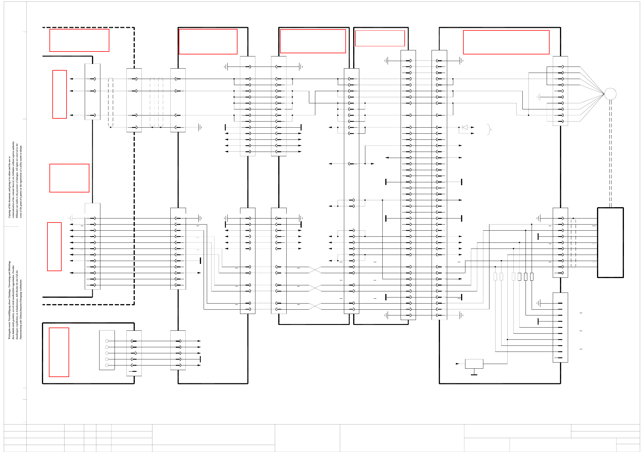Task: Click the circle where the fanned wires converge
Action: [x=610, y=94]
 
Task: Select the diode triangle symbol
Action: [x=465, y=127]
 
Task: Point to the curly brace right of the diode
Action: [x=489, y=129]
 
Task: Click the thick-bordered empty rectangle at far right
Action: [x=610, y=242]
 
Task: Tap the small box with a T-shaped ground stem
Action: [x=474, y=364]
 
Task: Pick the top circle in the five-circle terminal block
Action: [x=107, y=341]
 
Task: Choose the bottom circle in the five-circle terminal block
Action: [x=107, y=365]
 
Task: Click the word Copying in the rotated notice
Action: [x=9, y=213]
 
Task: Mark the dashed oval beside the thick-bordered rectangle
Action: [x=573, y=243]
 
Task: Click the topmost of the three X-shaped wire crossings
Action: [x=315, y=270]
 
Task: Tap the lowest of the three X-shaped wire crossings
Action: [x=315, y=306]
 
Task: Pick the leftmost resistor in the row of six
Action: [x=495, y=277]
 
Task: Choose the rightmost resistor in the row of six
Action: [x=532, y=277]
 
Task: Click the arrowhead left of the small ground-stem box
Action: [x=457, y=364]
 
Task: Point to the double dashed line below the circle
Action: [x=610, y=153]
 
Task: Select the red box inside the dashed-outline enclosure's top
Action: [x=79, y=40]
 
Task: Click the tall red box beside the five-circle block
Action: [x=59, y=352]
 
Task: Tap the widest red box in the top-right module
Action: [x=506, y=42]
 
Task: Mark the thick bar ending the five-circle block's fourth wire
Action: [x=200, y=359]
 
